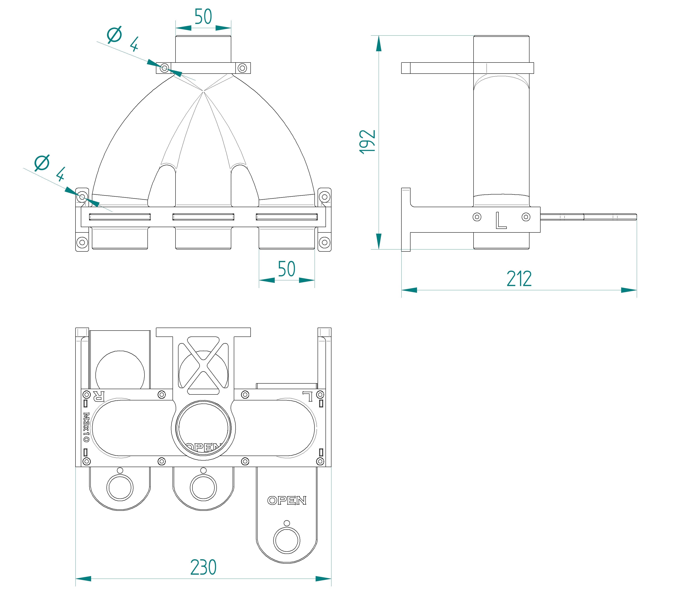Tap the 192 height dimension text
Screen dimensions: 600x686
click(367, 142)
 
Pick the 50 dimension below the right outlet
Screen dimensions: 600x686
click(287, 269)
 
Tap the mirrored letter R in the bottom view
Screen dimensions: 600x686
click(99, 396)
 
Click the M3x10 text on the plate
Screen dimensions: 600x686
click(86, 427)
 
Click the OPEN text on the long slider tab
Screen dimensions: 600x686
click(287, 500)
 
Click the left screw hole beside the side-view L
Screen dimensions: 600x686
click(477, 217)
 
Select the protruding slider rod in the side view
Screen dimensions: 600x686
click(589, 217)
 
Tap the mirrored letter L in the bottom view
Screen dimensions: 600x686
click(308, 396)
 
